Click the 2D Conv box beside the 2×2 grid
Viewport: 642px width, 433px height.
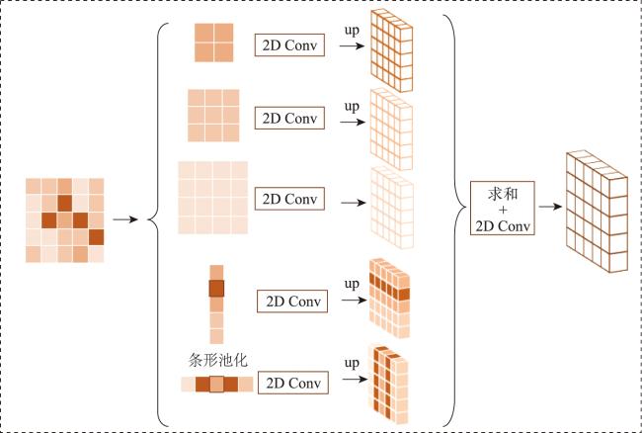(x=289, y=45)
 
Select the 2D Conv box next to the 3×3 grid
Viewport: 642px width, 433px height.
(x=289, y=118)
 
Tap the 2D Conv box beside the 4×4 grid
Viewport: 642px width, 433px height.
(x=289, y=199)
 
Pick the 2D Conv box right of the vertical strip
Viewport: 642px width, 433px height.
(x=292, y=302)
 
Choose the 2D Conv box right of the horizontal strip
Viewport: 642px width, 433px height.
(x=293, y=383)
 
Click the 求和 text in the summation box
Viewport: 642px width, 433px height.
(x=503, y=194)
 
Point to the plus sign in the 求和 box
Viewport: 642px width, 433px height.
(x=503, y=211)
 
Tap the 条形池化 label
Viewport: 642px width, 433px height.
(x=218, y=360)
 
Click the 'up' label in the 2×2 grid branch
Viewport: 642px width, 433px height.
(x=352, y=30)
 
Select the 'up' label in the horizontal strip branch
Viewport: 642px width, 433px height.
(x=352, y=363)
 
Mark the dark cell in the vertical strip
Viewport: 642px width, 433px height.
(x=216, y=289)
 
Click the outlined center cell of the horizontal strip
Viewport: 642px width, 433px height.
(x=216, y=385)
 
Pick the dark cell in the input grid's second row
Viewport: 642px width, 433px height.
(x=64, y=204)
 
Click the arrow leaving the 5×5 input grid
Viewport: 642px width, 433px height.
(x=125, y=219)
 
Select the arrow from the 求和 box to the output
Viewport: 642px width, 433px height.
(x=550, y=207)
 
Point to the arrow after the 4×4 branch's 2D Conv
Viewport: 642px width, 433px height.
(x=354, y=203)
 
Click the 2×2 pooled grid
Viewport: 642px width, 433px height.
(x=213, y=43)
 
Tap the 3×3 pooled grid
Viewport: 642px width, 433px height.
(x=213, y=116)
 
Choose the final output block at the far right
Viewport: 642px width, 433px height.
(x=597, y=212)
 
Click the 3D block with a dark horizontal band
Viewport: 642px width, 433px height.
(x=389, y=298)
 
